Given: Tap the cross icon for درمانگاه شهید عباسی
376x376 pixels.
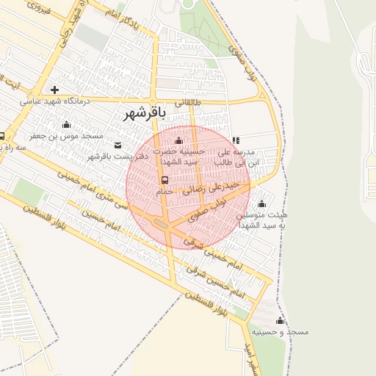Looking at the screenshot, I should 55,90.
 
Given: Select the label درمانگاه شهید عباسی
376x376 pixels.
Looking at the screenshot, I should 55,101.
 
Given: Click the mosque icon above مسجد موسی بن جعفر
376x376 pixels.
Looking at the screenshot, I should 67,124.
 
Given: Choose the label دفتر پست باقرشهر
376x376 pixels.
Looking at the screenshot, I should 118,156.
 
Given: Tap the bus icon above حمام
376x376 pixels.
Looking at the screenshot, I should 164,180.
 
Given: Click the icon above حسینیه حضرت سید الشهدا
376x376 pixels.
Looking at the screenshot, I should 179,140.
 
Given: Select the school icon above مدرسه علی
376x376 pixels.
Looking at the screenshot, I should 236,140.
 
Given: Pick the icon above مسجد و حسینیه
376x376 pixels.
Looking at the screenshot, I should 279,321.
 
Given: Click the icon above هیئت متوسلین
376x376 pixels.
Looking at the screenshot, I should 262,203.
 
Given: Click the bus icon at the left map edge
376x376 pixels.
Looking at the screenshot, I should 2,136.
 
